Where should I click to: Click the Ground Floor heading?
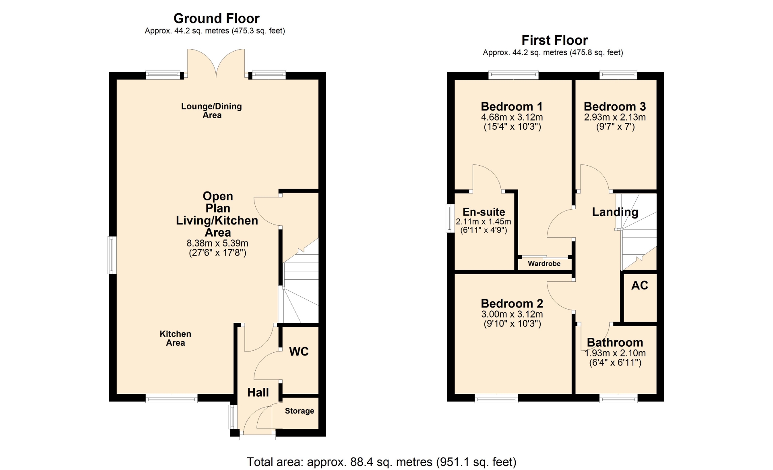click(x=217, y=19)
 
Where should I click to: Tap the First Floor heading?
click(x=554, y=40)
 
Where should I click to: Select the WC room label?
click(x=299, y=351)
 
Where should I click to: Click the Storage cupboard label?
click(x=300, y=411)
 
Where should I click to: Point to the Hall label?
click(x=258, y=392)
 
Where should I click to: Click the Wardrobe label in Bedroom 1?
click(x=544, y=264)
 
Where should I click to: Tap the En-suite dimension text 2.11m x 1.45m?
click(x=484, y=222)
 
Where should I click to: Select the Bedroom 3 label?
click(x=615, y=106)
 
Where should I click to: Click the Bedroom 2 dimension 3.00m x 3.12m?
click(x=512, y=314)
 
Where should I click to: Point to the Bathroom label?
click(x=615, y=342)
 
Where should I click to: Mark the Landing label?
click(x=615, y=212)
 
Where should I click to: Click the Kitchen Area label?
click(x=176, y=338)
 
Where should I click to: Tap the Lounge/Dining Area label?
click(x=212, y=111)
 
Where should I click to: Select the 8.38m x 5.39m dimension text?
click(x=217, y=243)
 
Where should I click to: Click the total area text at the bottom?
click(x=382, y=462)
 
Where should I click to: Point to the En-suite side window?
click(x=451, y=218)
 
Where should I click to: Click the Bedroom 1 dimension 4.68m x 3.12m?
click(x=512, y=117)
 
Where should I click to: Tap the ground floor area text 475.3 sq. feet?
click(x=258, y=31)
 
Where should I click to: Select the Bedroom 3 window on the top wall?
click(x=618, y=75)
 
